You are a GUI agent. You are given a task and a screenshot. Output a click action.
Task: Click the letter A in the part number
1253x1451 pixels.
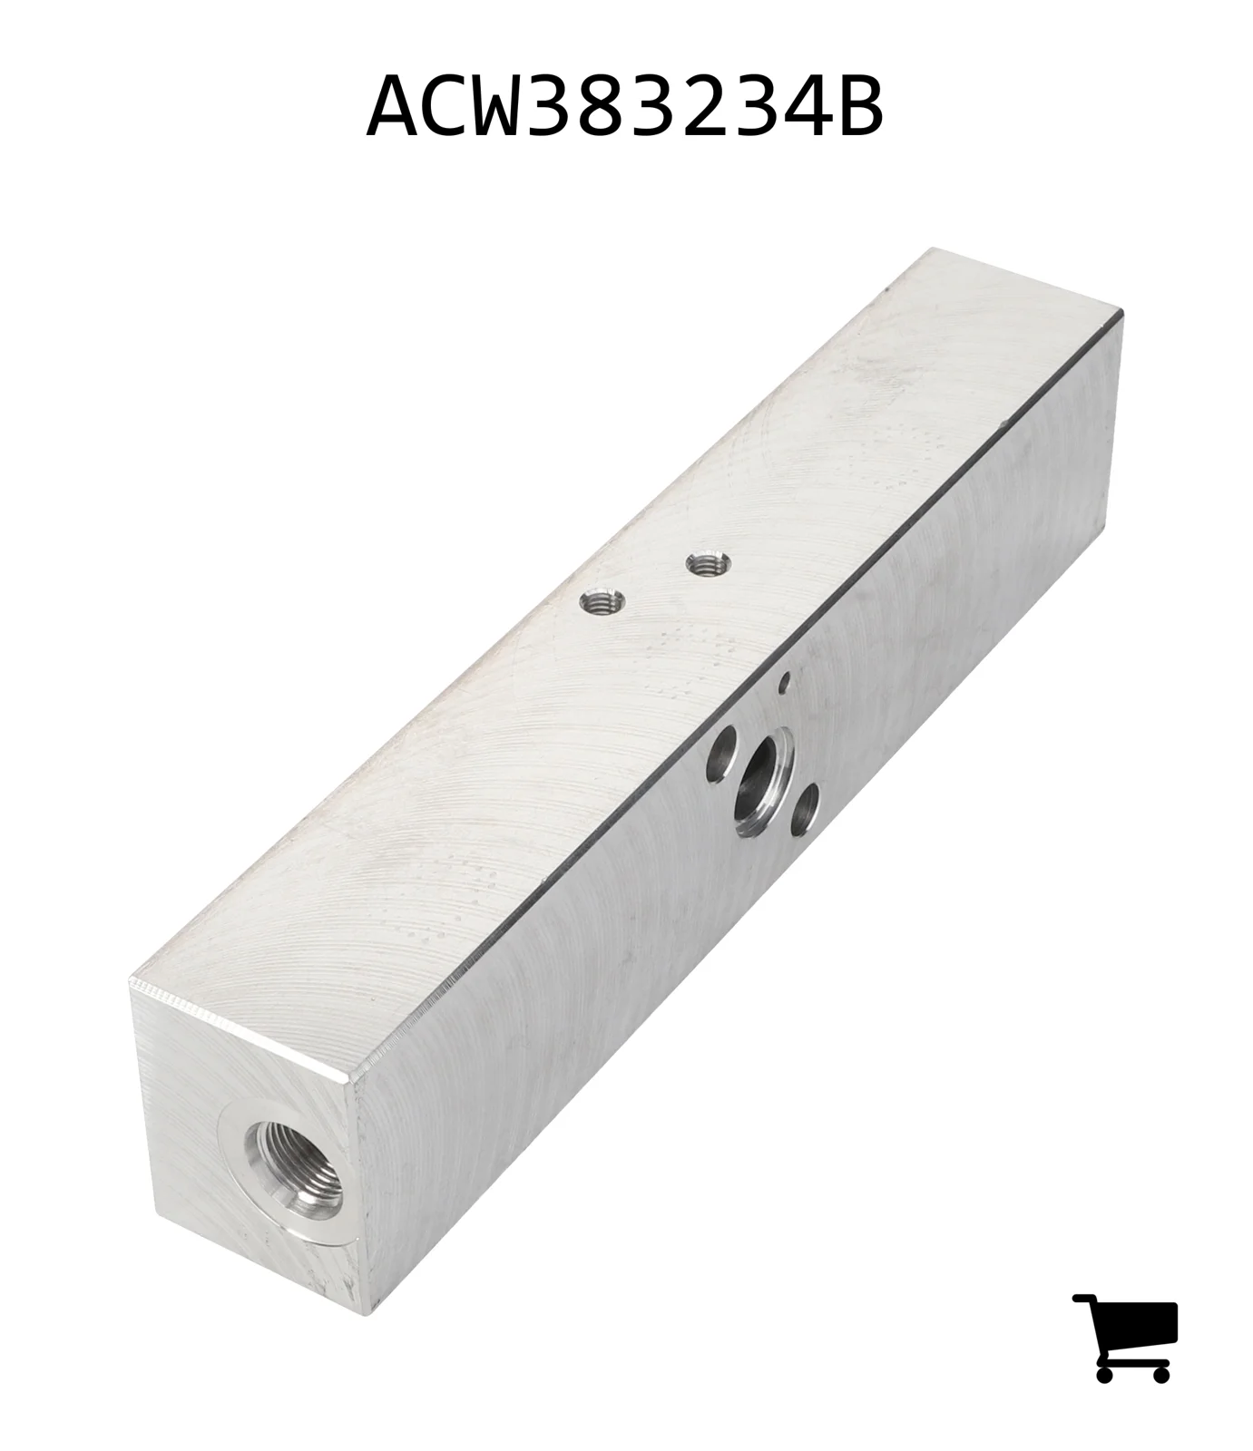pyautogui.click(x=396, y=107)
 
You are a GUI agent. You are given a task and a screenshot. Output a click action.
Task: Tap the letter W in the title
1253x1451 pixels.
pyautogui.click(x=511, y=107)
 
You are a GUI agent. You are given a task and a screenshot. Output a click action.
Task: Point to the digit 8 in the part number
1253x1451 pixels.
pyautogui.click(x=626, y=107)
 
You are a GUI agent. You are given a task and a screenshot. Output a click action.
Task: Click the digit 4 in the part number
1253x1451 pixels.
pyautogui.click(x=798, y=107)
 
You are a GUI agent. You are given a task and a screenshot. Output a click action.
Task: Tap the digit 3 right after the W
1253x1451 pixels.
pyautogui.click(x=569, y=107)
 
